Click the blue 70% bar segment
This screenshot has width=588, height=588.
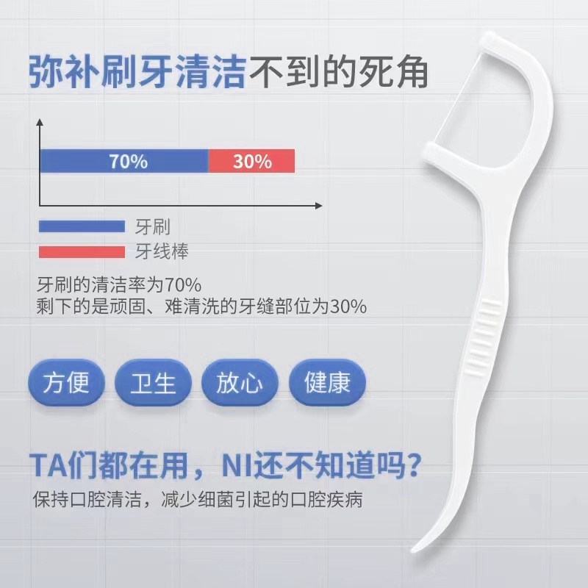124,161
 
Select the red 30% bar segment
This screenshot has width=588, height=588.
251,161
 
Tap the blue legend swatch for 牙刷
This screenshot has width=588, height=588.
82,226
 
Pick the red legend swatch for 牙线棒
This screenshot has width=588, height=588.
82,251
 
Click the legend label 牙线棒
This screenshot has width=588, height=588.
162,251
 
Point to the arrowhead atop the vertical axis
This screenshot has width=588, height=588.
40,122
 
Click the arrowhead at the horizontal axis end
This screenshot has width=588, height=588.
318,206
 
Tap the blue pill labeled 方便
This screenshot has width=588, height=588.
66,383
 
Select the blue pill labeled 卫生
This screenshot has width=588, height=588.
153,383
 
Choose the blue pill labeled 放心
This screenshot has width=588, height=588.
240,383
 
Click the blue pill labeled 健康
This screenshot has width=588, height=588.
327,383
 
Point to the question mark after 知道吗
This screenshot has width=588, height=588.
413,465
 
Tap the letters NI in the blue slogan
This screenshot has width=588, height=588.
236,465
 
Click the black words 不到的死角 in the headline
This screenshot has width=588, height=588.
338,71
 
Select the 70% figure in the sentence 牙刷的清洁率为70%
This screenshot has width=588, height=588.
183,285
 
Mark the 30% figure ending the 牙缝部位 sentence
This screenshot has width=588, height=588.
348,306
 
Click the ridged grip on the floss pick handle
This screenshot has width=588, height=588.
484,337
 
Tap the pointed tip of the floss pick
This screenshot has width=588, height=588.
414,550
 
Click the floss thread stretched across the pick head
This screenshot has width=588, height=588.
456,99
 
